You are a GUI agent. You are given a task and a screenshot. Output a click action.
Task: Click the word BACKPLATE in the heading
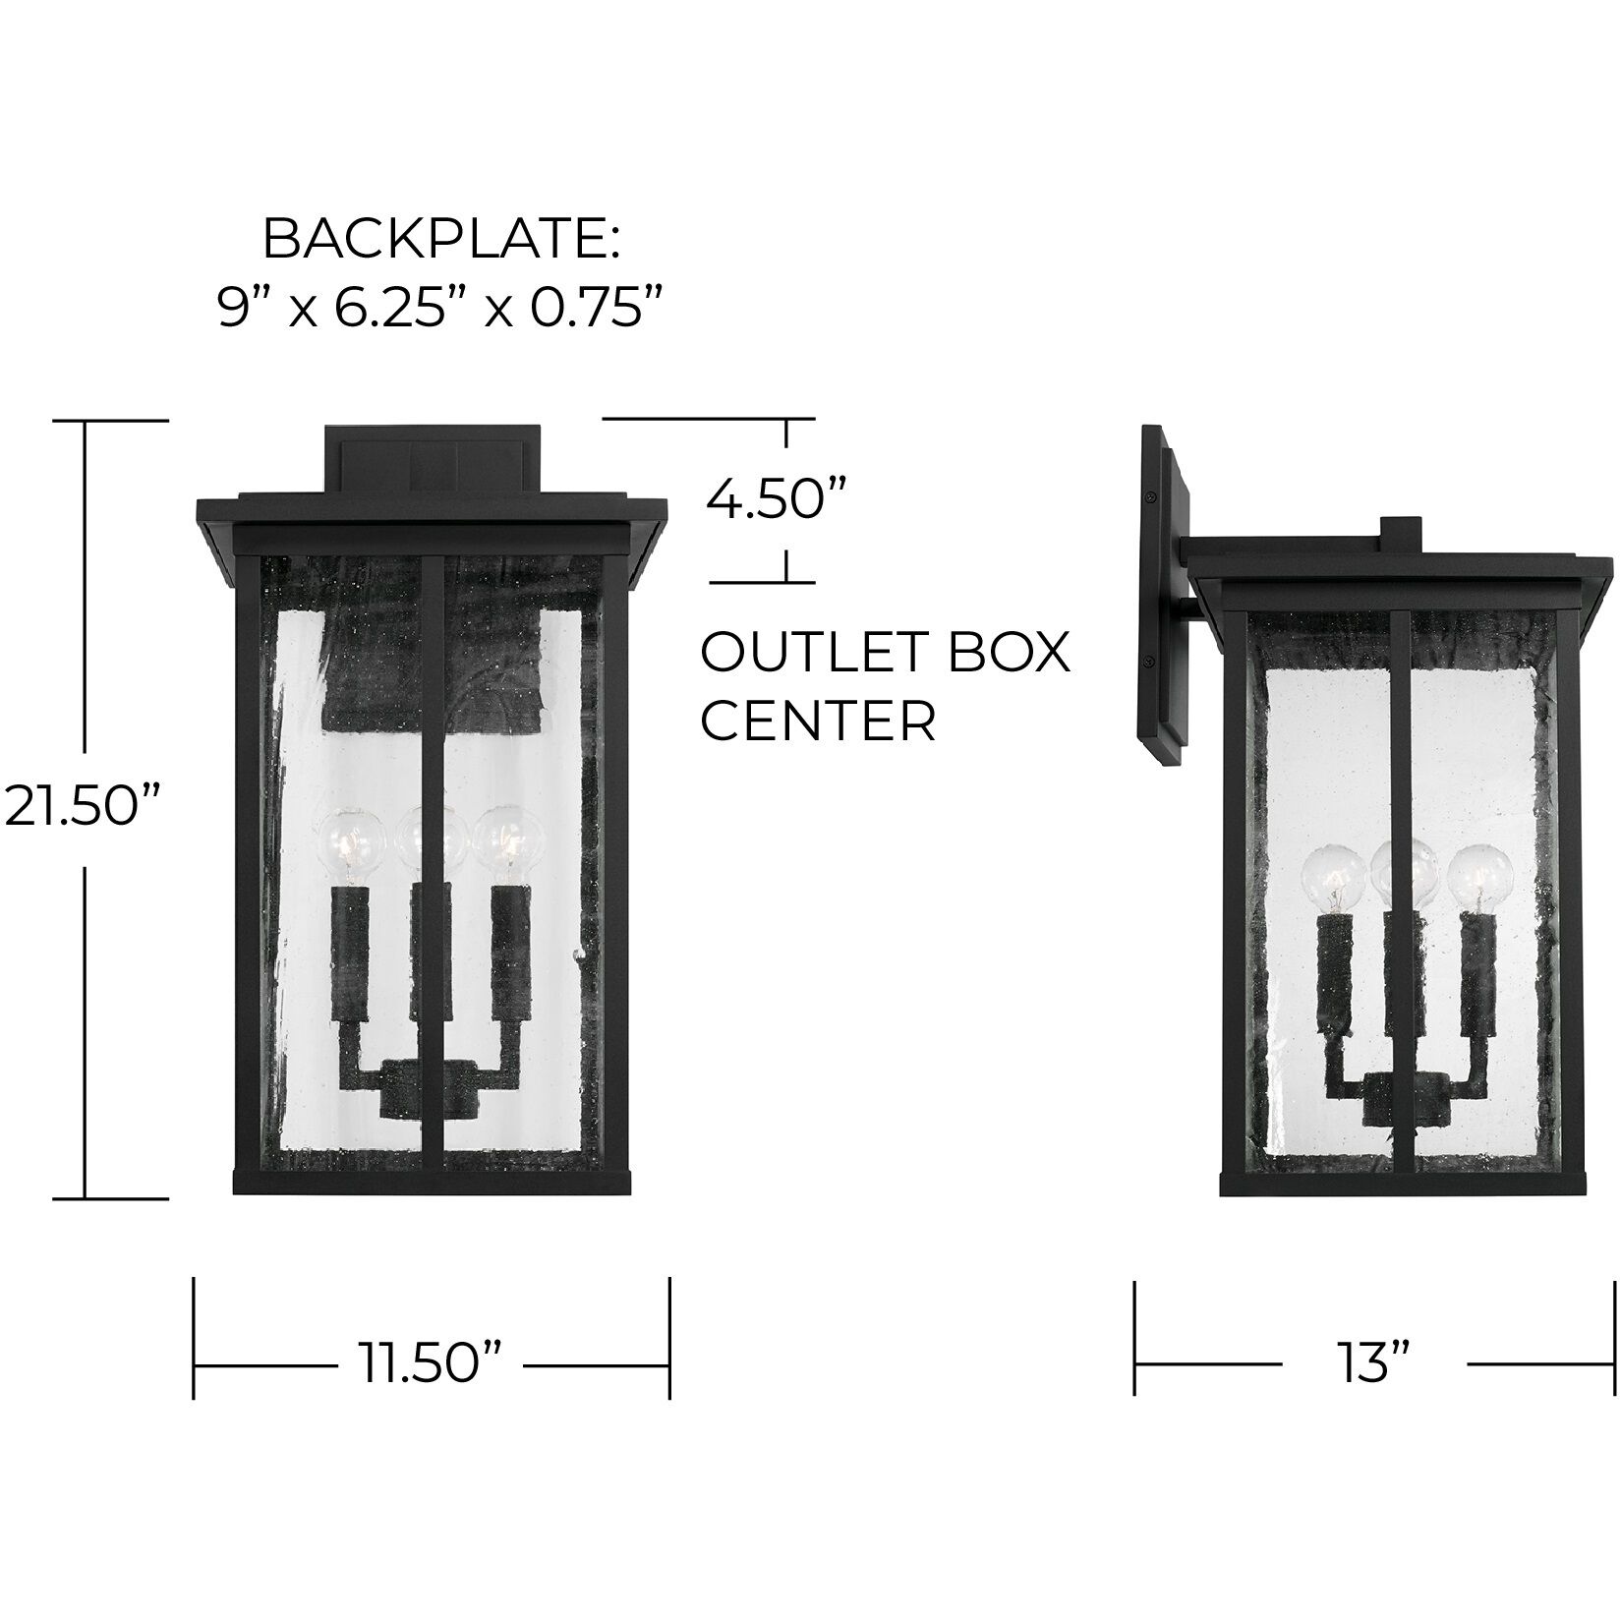439,240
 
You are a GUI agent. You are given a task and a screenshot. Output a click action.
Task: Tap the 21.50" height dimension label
81,807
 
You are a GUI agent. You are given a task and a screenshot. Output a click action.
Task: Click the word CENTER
818,722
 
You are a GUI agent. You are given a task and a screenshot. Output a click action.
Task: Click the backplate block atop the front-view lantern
433,458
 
